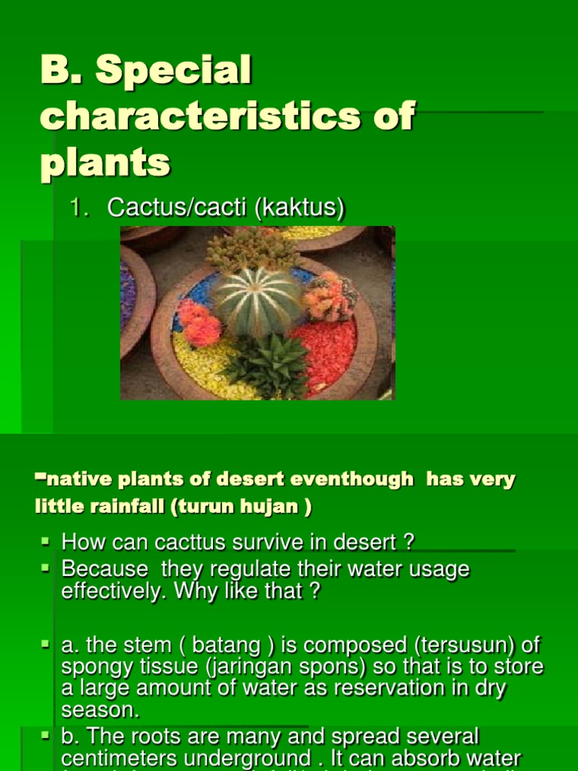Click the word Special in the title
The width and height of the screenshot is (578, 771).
click(173, 72)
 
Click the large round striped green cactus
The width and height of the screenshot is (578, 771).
click(257, 301)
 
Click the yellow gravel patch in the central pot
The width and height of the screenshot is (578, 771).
click(203, 369)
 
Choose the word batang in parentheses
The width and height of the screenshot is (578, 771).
click(226, 645)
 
